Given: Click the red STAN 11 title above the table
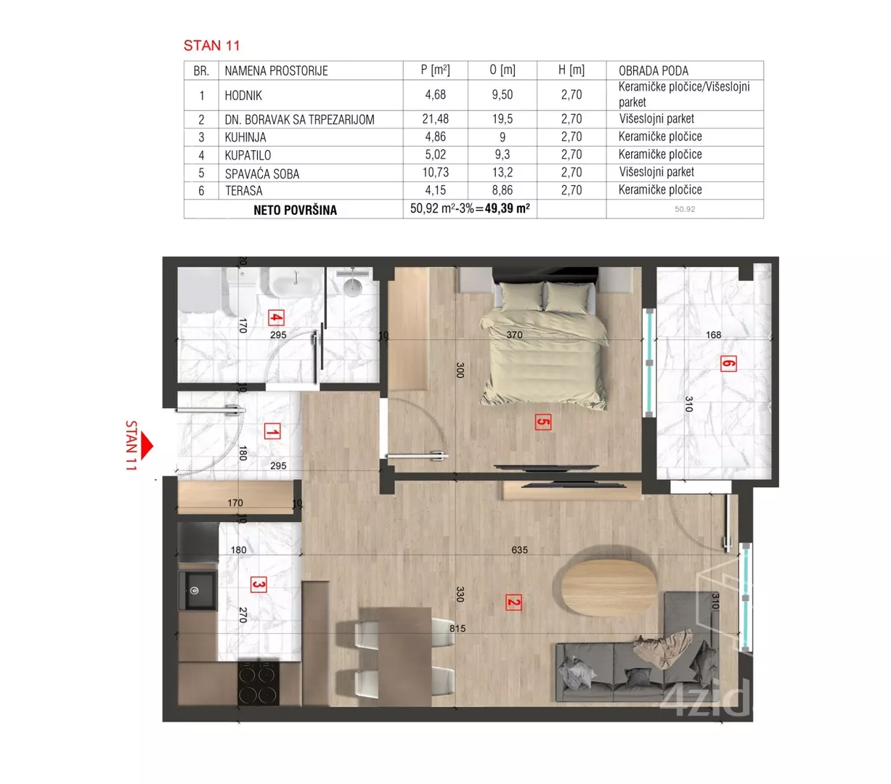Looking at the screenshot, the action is point(211,46).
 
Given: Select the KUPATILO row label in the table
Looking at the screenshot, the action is point(248,155).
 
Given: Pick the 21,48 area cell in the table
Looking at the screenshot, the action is point(435,119).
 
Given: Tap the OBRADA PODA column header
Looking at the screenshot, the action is point(653,71).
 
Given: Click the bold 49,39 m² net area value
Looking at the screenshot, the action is point(507,208).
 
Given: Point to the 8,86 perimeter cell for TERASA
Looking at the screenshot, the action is point(502,190).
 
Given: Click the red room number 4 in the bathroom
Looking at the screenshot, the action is point(276,317).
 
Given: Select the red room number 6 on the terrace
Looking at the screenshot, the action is point(728,364).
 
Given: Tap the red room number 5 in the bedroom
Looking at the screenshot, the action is point(542,422).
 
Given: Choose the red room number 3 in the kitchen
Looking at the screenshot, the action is point(259,585).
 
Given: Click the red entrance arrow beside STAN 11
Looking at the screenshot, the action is point(147,446).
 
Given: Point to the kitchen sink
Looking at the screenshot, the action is point(197,590).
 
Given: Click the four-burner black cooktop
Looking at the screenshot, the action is point(258,683).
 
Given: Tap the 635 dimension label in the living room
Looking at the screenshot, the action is point(519,550).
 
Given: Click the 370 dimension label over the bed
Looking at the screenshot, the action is point(514,335).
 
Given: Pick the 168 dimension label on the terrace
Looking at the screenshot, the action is point(713,335).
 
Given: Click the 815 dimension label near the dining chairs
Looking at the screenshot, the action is point(457,629).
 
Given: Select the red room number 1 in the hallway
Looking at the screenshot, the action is point(272,431).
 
